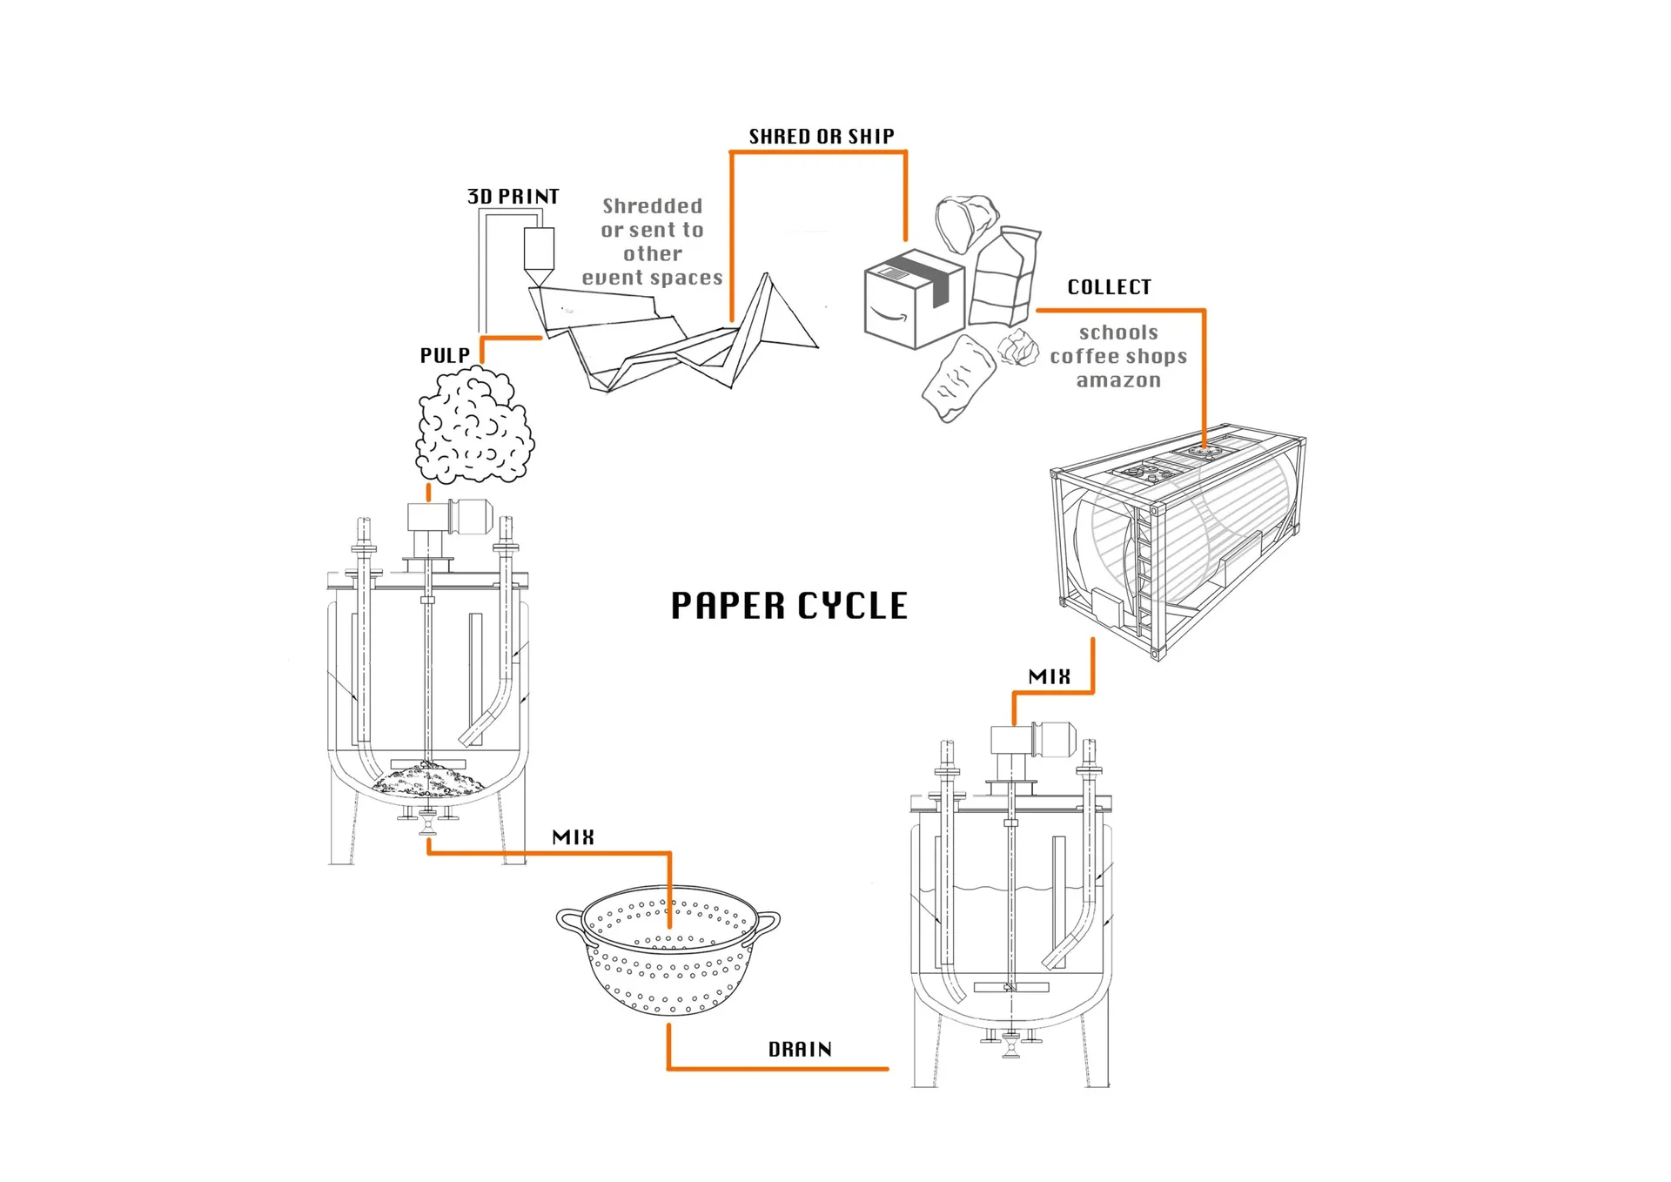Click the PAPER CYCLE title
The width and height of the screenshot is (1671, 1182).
(789, 606)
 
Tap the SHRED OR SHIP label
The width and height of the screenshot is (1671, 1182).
(822, 137)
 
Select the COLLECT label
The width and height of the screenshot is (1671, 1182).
(1109, 287)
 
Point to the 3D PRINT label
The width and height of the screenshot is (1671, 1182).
(513, 197)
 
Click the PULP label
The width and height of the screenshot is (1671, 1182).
(445, 355)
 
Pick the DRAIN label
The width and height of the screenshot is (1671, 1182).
(800, 1050)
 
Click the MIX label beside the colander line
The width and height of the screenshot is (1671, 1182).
(573, 837)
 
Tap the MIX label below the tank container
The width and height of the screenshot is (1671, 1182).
(1049, 677)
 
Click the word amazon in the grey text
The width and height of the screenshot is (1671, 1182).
(1118, 380)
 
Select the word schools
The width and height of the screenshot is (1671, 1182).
(1118, 332)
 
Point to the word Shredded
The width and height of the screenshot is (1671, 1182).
(652, 206)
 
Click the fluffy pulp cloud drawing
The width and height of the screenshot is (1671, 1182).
(474, 426)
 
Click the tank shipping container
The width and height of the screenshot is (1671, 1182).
(1179, 540)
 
